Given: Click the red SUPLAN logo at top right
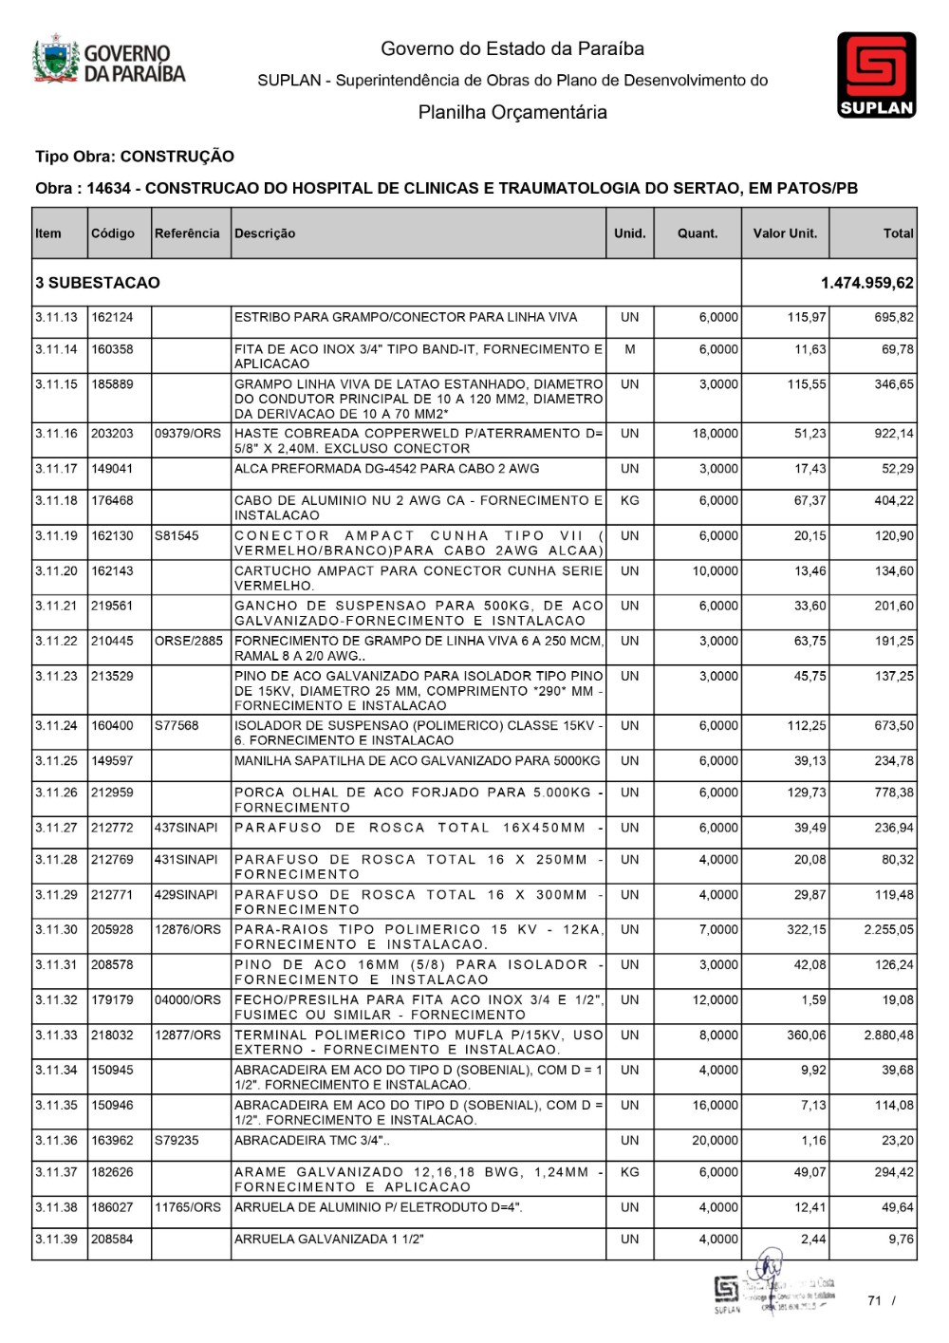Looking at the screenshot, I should (x=876, y=75).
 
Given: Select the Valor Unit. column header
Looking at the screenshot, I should (x=785, y=233).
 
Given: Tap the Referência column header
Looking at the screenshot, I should (x=187, y=233).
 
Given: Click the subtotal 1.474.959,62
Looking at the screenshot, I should (x=867, y=283).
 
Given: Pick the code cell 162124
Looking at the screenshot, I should (x=112, y=317).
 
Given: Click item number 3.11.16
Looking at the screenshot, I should (x=56, y=434).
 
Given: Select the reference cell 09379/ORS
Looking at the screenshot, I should (x=188, y=434).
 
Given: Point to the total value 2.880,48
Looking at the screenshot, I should (x=889, y=1035).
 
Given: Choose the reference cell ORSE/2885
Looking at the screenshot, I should (x=189, y=642).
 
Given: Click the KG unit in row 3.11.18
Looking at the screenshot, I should (x=629, y=501).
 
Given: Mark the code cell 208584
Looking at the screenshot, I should (x=112, y=1240).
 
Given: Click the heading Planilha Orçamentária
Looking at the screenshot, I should (x=512, y=112).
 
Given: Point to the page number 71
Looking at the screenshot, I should (x=874, y=1300).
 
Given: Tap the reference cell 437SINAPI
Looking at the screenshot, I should (x=186, y=829).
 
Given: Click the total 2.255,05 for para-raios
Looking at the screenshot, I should (x=889, y=930).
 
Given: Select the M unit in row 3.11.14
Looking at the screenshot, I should (x=629, y=349).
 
